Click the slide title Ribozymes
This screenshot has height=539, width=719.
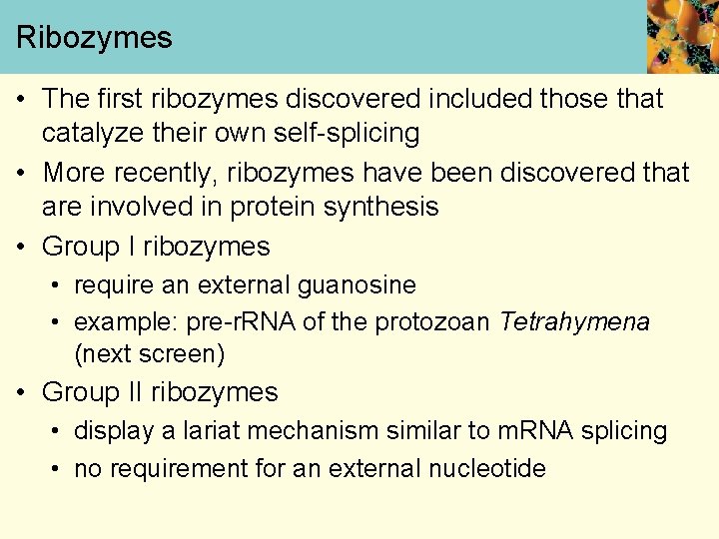click(94, 38)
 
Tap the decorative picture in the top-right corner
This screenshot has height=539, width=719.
click(682, 36)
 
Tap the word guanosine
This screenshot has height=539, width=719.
click(358, 285)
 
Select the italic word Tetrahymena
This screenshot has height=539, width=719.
click(574, 322)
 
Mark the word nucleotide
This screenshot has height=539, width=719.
click(486, 469)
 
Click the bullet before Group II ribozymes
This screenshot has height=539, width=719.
click(22, 392)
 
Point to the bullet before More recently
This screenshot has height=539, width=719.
click(22, 174)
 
